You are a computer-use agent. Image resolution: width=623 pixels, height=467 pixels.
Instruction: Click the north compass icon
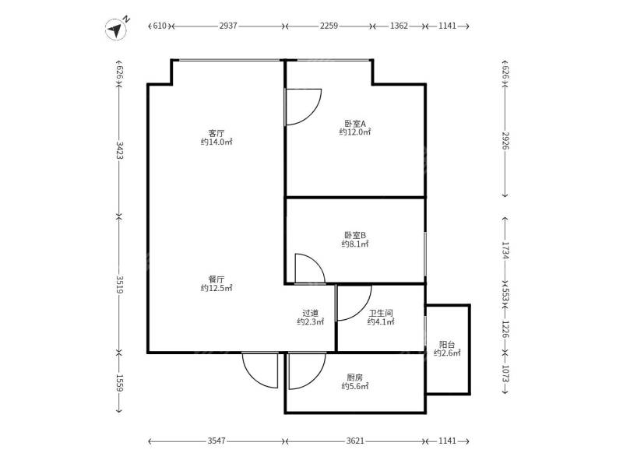click(117, 29)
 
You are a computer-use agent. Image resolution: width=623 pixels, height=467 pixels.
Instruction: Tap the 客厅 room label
click(216, 132)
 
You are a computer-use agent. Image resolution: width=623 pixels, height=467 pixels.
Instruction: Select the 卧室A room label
click(354, 122)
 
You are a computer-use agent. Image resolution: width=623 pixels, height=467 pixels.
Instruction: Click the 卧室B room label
click(354, 234)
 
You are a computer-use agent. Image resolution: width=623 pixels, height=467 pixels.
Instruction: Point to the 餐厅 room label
click(216, 279)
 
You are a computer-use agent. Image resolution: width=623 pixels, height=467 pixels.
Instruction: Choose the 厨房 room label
click(354, 377)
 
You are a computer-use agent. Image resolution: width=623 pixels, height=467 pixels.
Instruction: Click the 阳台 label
click(447, 344)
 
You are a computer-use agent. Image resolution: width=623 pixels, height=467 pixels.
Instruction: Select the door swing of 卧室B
click(309, 269)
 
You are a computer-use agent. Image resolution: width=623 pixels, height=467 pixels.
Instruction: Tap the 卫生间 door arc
click(352, 303)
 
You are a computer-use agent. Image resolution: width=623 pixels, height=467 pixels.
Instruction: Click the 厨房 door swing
click(305, 370)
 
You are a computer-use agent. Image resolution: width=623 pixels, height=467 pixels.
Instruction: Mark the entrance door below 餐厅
click(260, 370)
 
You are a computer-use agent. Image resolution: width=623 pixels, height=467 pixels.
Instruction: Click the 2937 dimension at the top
click(228, 26)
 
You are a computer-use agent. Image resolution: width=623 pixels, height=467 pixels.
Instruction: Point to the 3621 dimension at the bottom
click(355, 441)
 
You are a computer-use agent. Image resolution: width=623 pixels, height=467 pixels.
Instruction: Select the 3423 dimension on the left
click(120, 150)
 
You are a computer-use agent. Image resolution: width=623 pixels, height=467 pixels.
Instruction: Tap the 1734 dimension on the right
click(505, 250)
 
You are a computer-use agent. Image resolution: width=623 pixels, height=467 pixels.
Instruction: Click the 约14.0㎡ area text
click(216, 142)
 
